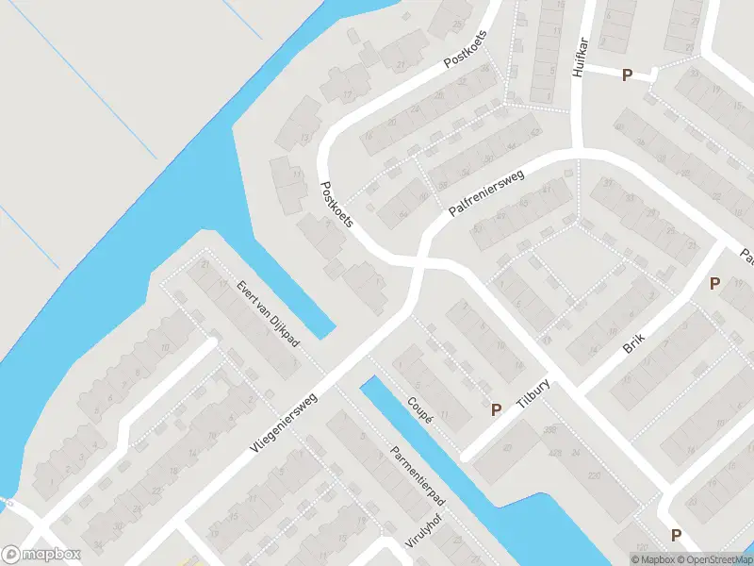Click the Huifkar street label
pyautogui.click(x=579, y=58)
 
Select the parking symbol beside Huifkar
pyautogui.click(x=627, y=75)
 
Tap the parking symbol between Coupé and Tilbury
pyautogui.click(x=496, y=409)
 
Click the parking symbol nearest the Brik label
pyautogui.click(x=714, y=283)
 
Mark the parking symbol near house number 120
pyautogui.click(x=676, y=535)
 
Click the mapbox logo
pyautogui.click(x=41, y=555)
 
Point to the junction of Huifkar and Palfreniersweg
pyautogui.click(x=577, y=151)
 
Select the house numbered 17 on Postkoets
pyautogui.click(x=346, y=94)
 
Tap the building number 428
pyautogui.click(x=556, y=453)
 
